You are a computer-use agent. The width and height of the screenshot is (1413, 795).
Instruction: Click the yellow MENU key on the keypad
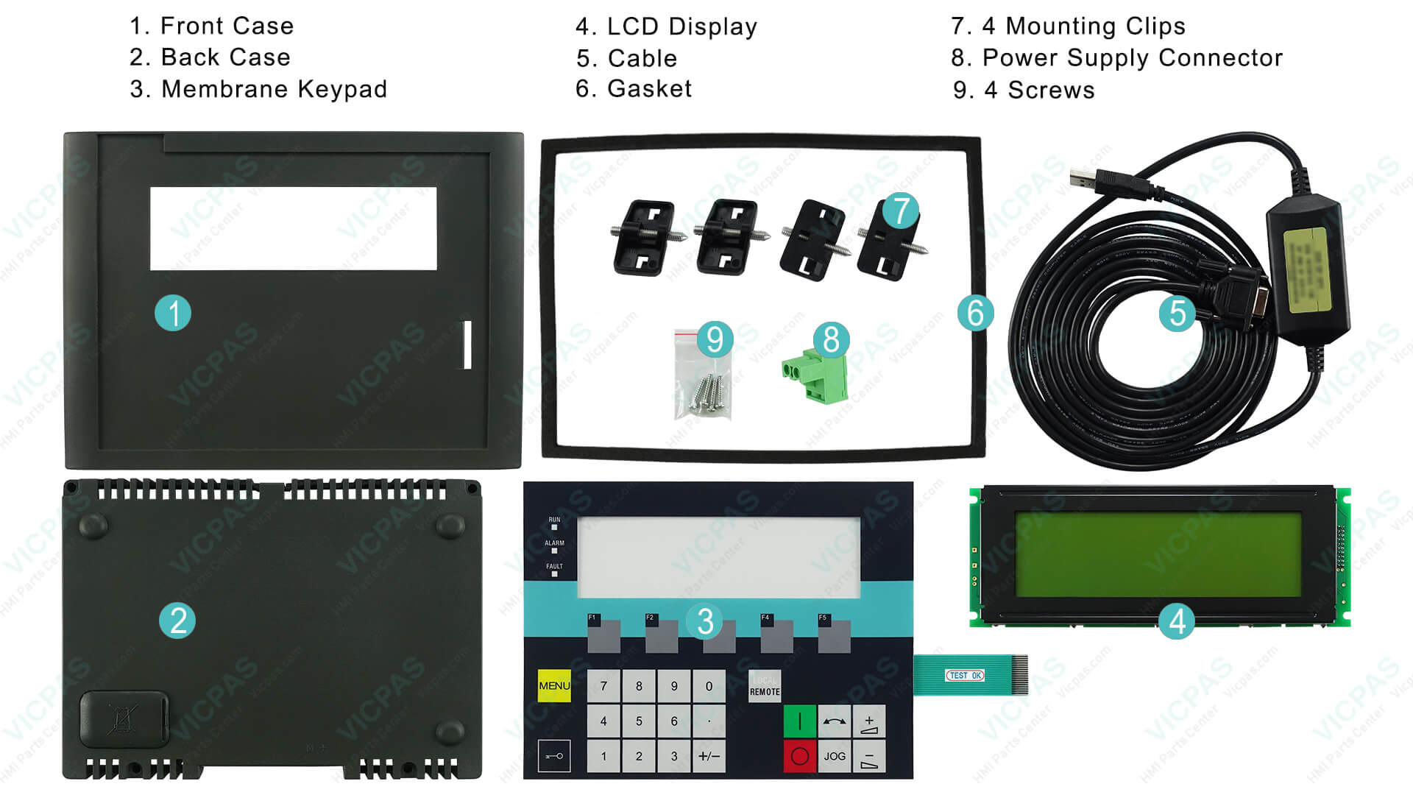pos(553,686)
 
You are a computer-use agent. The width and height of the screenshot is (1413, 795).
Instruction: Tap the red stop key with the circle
pos(799,756)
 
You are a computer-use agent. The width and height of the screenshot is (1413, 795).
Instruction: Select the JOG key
pos(835,756)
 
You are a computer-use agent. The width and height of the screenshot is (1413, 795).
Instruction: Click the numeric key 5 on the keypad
pos(639,721)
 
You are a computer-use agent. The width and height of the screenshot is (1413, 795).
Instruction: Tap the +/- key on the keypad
pos(709,756)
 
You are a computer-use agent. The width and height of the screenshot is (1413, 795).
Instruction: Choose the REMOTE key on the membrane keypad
pos(765,687)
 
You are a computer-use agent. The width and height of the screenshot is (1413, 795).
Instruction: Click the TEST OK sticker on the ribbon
pos(965,675)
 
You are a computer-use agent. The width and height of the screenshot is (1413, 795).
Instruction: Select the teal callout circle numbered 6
pos(975,313)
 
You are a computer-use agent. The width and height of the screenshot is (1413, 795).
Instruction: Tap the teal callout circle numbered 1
pos(173,313)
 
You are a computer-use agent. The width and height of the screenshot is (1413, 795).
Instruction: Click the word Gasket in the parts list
pos(649,89)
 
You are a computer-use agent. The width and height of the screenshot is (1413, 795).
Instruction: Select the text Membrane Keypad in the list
pos(274,89)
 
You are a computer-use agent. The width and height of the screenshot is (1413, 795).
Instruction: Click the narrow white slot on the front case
pos(467,344)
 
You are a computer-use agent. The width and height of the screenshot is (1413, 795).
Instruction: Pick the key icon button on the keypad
pos(554,756)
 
